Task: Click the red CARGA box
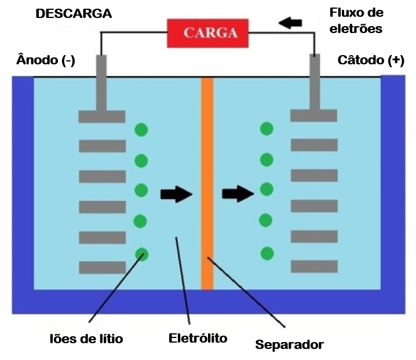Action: [x=210, y=32]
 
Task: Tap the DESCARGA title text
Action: [x=74, y=14]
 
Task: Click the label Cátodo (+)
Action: [x=371, y=60]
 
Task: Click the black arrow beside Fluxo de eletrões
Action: [x=291, y=23]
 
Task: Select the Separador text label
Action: [x=289, y=344]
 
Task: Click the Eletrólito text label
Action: [x=198, y=337]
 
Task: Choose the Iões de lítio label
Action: [x=86, y=338]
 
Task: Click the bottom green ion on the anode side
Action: [x=141, y=254]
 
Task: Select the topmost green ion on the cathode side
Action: [x=267, y=129]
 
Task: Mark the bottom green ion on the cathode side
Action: [x=267, y=253]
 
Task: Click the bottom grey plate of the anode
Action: [x=102, y=267]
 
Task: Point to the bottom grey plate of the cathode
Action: [x=314, y=266]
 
